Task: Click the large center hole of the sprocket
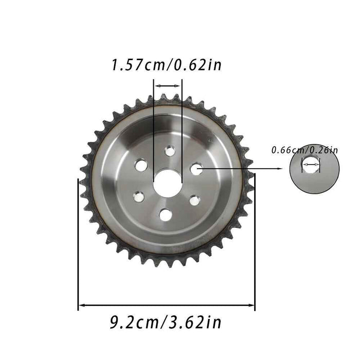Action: pyautogui.click(x=168, y=182)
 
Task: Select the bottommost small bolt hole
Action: pyautogui.click(x=165, y=214)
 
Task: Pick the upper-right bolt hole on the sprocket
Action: pyautogui.click(x=196, y=168)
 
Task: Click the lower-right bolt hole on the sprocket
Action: pyautogui.click(x=194, y=200)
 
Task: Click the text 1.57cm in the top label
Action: pyautogui.click(x=138, y=65)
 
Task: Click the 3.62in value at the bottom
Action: pyautogui.click(x=196, y=322)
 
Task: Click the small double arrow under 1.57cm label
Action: pyautogui.click(x=168, y=86)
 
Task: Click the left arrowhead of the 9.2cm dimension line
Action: pyautogui.click(x=81, y=305)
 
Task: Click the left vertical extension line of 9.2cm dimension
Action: pyautogui.click(x=78, y=242)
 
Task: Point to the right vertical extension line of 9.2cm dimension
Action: pyautogui.click(x=255, y=242)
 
